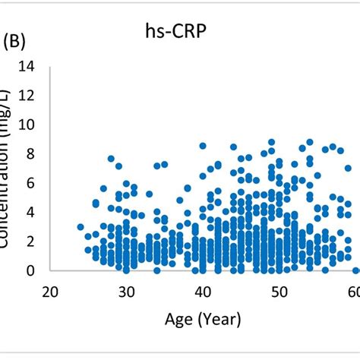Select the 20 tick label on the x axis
point(50,292)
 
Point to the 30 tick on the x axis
point(126,292)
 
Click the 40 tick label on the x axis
point(203,292)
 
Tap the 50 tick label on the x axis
point(279,292)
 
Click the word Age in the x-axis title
point(179,320)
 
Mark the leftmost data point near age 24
point(81,227)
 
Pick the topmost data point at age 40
point(203,146)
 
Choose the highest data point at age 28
point(111,159)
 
